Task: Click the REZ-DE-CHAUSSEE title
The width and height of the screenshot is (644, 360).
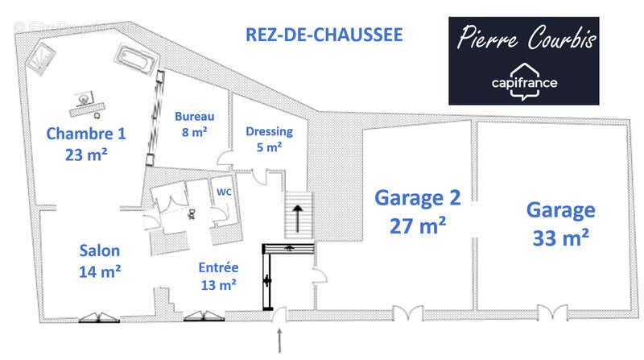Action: pyautogui.click(x=323, y=35)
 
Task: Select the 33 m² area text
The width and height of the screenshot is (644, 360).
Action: pyautogui.click(x=561, y=238)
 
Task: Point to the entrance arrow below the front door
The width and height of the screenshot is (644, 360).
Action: pyautogui.click(x=280, y=339)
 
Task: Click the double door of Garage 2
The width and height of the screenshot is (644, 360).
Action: pyautogui.click(x=407, y=314)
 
